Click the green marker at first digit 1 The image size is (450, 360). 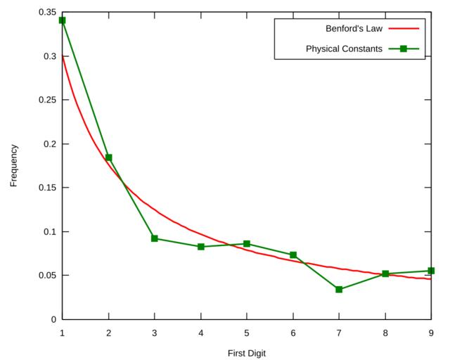tap(62, 20)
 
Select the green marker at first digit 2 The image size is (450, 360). tap(108, 157)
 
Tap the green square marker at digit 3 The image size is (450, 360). tap(155, 238)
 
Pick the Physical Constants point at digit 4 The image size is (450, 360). tap(201, 247)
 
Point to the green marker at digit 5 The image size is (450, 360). tap(247, 244)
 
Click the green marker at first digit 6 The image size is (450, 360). tap(293, 255)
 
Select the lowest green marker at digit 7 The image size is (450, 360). tap(339, 289)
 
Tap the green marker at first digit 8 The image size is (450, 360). tap(385, 274)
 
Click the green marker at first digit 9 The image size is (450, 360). tap(431, 271)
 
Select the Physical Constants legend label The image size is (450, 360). tap(344, 49)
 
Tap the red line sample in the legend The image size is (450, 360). tap(404, 29)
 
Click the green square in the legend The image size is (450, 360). tap(404, 49)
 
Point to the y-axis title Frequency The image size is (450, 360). tap(14, 166)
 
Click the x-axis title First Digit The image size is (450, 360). tap(246, 353)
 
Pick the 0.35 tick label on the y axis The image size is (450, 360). tap(48, 13)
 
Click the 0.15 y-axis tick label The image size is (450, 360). tap(48, 188)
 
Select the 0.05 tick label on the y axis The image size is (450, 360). tap(48, 276)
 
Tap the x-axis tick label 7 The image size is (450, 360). tap(339, 333)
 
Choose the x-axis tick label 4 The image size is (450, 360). tap(201, 333)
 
